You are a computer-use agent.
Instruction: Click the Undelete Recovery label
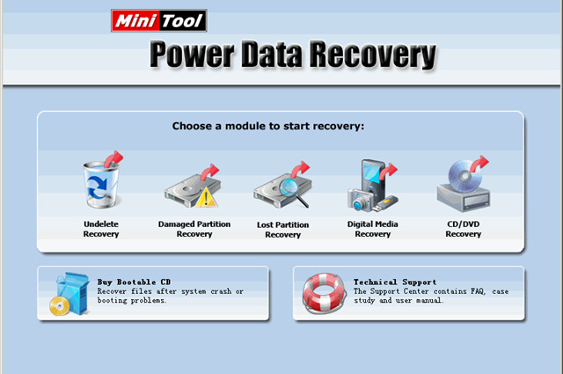pos(101,229)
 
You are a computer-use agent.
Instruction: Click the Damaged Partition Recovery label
pos(194,229)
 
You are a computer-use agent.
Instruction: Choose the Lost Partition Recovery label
pos(282,230)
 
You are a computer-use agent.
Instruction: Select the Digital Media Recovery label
pos(373,229)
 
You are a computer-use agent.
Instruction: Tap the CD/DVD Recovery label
pos(463,229)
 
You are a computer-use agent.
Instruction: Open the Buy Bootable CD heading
pos(130,282)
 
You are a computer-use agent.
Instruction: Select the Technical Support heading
pos(395,282)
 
